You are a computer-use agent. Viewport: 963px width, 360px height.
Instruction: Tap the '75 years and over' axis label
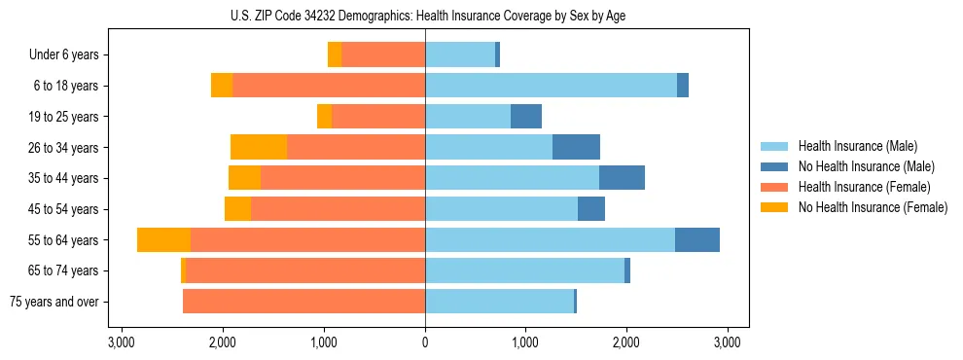click(x=54, y=302)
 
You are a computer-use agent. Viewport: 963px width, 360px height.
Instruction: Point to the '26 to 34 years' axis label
click(x=63, y=148)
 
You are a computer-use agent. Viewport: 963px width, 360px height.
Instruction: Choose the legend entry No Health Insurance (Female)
click(x=873, y=207)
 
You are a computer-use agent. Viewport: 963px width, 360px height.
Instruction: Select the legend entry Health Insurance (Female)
click(x=865, y=187)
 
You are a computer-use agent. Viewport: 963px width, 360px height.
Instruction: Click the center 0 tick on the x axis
click(x=425, y=342)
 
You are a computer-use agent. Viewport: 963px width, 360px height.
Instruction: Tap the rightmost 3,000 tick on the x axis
click(x=728, y=342)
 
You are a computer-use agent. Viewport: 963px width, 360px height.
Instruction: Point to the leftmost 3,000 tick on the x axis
click(x=122, y=342)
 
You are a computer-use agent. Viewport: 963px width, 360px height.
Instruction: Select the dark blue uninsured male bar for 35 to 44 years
click(x=622, y=178)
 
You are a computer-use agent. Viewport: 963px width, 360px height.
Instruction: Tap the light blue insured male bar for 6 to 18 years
click(x=551, y=86)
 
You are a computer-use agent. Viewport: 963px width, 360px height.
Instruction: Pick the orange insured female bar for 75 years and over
click(x=303, y=302)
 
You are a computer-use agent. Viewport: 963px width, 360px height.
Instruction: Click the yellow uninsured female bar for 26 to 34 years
click(x=259, y=148)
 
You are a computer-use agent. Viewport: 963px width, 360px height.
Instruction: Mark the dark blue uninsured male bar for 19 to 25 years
click(x=526, y=117)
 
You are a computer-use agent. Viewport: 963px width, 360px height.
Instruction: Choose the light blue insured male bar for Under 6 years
click(x=460, y=55)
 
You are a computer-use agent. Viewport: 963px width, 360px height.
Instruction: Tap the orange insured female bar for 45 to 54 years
click(x=338, y=209)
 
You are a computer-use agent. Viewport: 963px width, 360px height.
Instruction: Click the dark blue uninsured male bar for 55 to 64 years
click(x=697, y=240)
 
